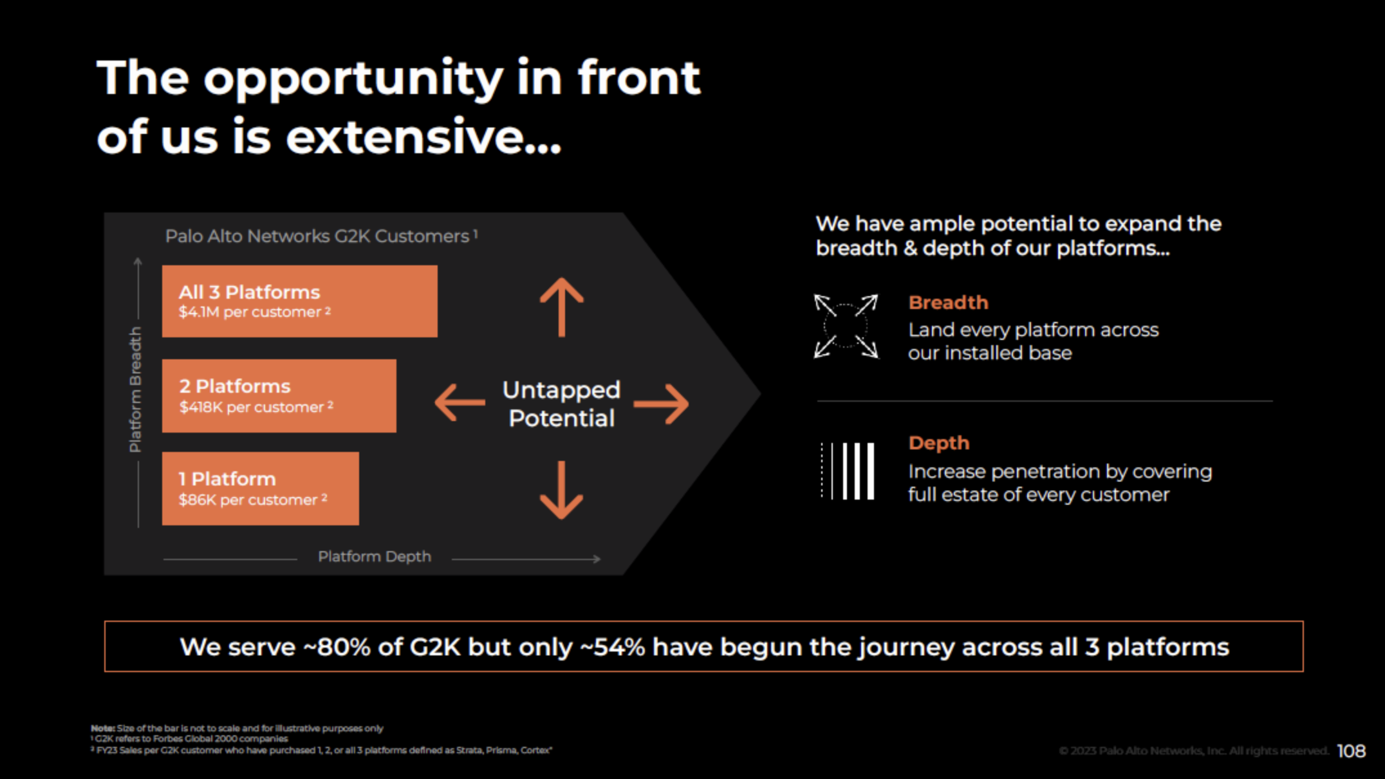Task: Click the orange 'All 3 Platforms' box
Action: [x=299, y=301]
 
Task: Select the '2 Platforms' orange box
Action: [x=279, y=395]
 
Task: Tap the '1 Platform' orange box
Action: [x=260, y=488]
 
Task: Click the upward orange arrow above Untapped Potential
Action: [x=561, y=307]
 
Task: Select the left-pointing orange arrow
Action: [x=460, y=402]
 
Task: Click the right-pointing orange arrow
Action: [x=662, y=404]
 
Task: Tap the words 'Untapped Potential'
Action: [x=561, y=404]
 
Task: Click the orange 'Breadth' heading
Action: [x=948, y=303]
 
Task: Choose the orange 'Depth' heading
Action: [x=938, y=443]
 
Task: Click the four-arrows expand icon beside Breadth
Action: [x=846, y=326]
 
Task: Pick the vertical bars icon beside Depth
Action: [x=848, y=471]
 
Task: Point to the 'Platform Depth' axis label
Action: [x=375, y=556]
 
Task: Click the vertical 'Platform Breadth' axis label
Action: [x=135, y=389]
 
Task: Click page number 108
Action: [x=1351, y=751]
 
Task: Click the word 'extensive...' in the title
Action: [x=423, y=136]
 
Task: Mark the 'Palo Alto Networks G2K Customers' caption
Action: [x=318, y=236]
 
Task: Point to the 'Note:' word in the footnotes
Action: [x=102, y=728]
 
